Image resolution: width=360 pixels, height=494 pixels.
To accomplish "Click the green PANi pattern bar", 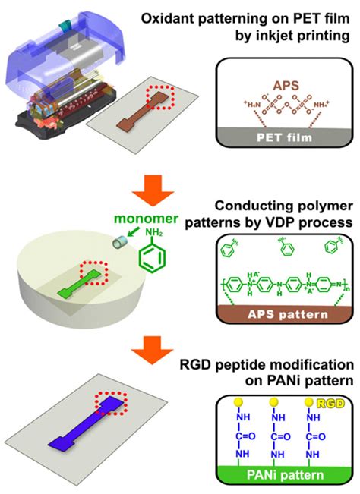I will pyautogui.click(x=279, y=475).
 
